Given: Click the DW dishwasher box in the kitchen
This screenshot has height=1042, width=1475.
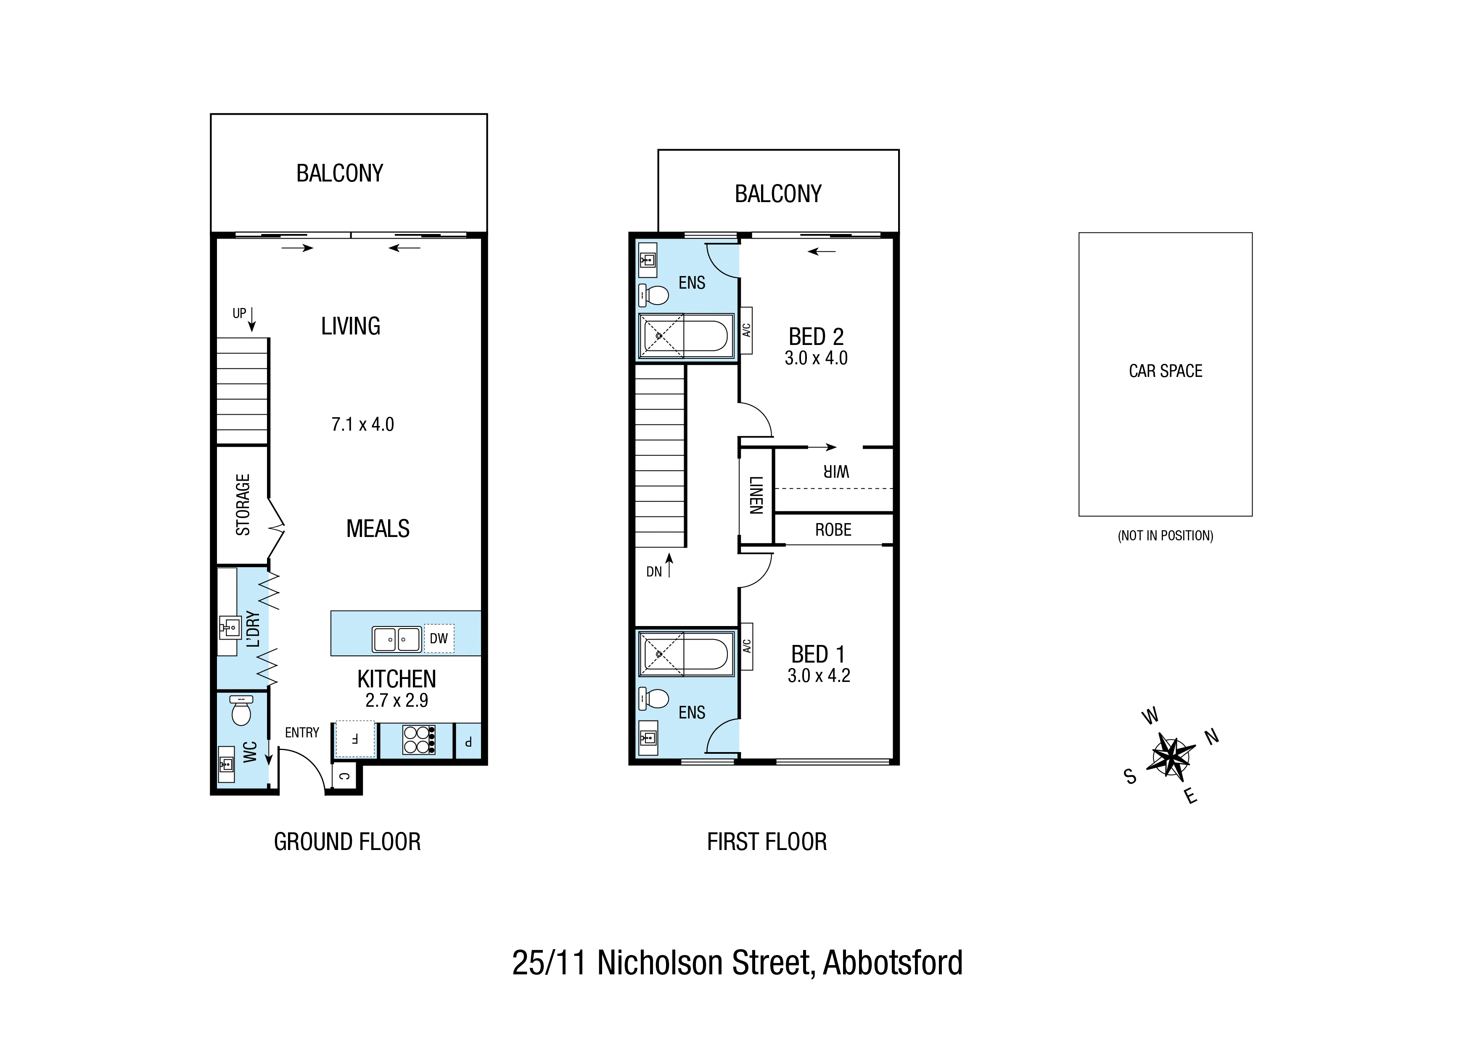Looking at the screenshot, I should tap(439, 638).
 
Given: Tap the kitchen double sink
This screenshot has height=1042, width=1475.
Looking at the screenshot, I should tap(397, 639).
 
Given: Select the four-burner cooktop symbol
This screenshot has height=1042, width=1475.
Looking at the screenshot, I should tap(418, 739).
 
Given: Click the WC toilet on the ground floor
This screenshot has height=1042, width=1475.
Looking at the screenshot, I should tap(241, 711).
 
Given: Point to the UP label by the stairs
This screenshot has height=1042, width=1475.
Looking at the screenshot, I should tap(239, 313).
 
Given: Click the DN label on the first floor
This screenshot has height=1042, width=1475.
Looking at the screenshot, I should tap(654, 571).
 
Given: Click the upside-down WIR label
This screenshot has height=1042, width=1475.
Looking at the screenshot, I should tap(836, 472).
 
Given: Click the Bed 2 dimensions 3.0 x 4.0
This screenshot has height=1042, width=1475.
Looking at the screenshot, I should tap(816, 358).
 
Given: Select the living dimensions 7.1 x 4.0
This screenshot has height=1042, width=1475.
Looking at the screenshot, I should tap(362, 424).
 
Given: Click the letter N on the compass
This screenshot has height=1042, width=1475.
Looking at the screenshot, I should tap(1212, 737).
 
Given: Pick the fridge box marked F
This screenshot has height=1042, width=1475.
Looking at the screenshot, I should tap(354, 739).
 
